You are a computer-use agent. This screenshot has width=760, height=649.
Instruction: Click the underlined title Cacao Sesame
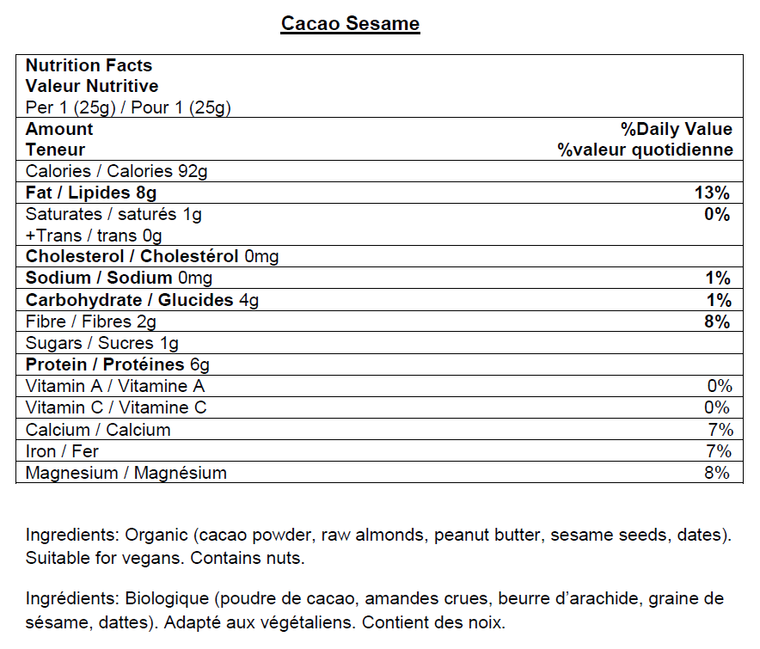(350, 23)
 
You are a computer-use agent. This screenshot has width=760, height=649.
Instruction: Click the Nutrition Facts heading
(89, 65)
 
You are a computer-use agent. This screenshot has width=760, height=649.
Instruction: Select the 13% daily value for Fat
(712, 193)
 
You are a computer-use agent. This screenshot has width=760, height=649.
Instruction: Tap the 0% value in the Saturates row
(716, 214)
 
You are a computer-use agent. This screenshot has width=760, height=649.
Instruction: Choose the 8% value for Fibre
(716, 321)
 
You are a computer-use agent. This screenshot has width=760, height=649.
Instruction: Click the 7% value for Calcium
(718, 430)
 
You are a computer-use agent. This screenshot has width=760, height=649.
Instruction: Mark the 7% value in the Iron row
(718, 451)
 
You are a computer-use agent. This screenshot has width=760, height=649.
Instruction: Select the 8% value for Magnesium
(718, 473)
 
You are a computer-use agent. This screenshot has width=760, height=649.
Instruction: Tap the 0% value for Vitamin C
(718, 407)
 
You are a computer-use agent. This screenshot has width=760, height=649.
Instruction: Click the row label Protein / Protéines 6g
(117, 364)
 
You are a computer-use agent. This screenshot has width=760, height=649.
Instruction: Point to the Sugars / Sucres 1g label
(102, 343)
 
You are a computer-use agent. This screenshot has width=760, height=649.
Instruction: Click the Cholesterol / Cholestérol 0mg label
(152, 256)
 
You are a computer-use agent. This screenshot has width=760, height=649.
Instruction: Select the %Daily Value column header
(677, 129)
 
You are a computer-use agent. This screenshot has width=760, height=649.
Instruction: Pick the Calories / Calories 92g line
(116, 171)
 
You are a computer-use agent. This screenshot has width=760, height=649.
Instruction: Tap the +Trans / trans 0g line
(94, 236)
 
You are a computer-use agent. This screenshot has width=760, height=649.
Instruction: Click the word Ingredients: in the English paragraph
(71, 535)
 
